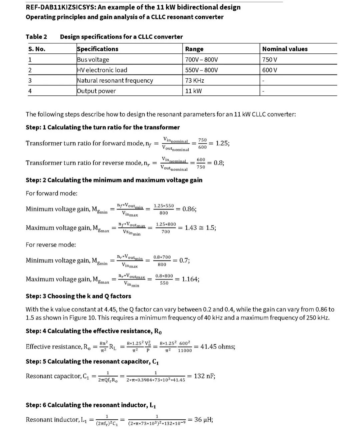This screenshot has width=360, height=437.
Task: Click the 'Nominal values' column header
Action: (285, 49)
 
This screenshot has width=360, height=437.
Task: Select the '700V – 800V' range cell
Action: (201, 60)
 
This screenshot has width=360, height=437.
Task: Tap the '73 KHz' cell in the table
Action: (195, 80)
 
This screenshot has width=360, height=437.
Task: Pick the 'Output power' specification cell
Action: (96, 91)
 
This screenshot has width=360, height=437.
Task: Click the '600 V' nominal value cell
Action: (270, 70)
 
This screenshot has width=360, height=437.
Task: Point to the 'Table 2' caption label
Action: (36, 37)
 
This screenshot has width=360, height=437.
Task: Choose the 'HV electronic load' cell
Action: (102, 70)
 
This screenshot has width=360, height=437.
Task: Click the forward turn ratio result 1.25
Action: (222, 143)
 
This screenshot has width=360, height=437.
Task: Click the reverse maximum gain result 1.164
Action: (190, 279)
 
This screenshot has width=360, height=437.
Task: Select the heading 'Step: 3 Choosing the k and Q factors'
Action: (78, 296)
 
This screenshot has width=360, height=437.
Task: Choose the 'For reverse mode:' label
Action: (51, 245)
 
